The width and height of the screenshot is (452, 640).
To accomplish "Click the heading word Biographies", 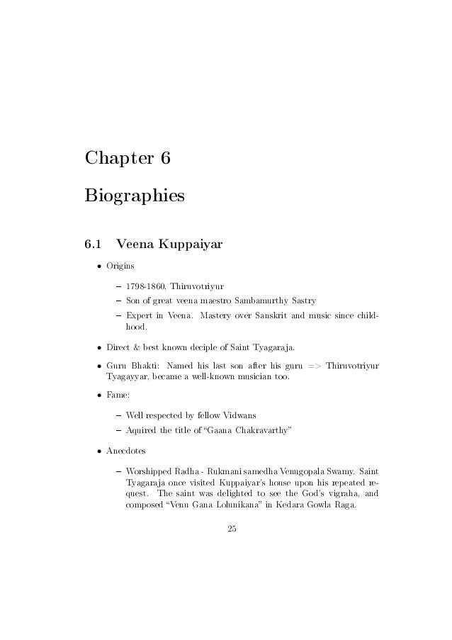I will tap(134, 193).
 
